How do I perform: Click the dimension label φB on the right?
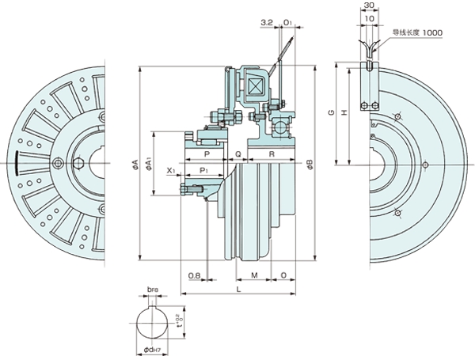pos(310,165)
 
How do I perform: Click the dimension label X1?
pos(171,170)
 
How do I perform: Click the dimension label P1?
pos(203,170)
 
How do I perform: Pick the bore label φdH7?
pos(151,350)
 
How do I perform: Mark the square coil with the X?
pos(256,85)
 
